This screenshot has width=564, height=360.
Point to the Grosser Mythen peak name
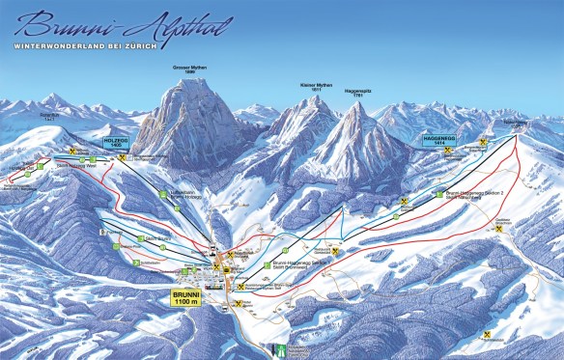tap(190, 69)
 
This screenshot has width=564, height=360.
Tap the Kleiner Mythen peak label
tap(317, 87)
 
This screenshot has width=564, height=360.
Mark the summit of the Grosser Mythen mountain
tap(190, 82)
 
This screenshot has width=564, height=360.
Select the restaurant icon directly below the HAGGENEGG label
tap(448, 152)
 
